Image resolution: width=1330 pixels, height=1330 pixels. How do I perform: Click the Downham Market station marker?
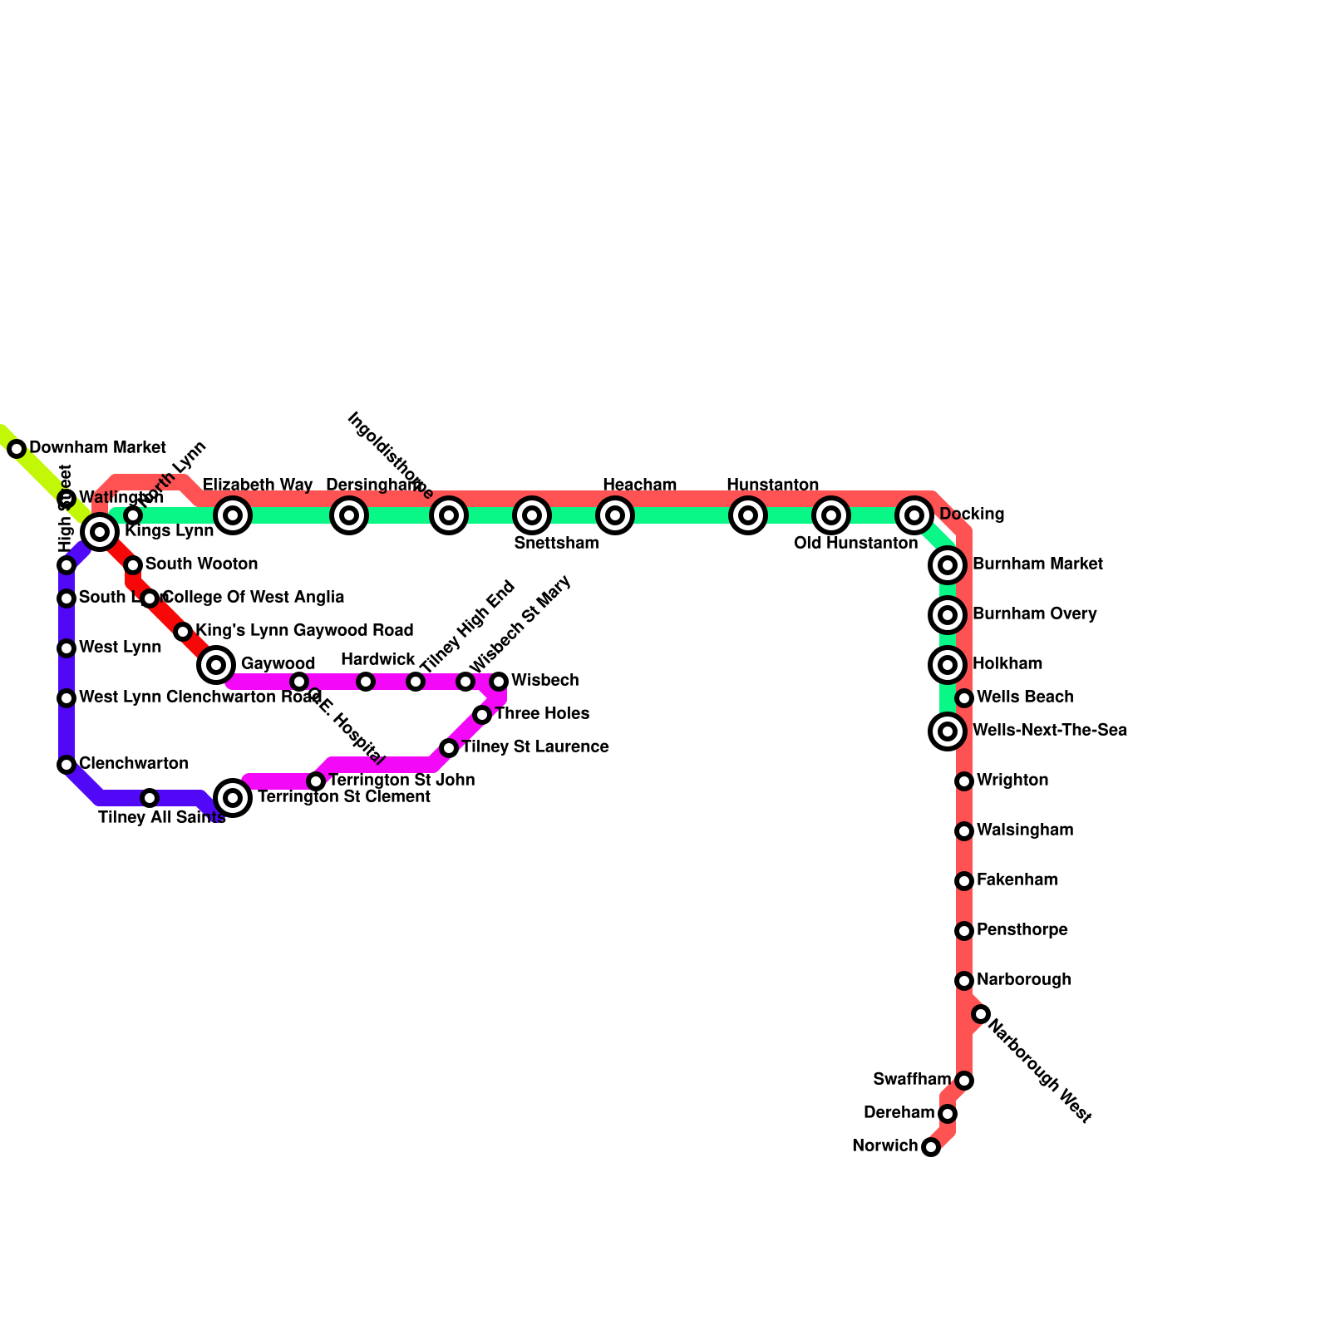(x=17, y=449)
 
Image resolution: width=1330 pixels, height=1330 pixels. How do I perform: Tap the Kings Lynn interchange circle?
(x=100, y=531)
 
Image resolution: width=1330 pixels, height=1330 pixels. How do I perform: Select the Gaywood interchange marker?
(x=216, y=664)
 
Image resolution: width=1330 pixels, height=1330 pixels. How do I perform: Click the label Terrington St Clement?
(x=343, y=797)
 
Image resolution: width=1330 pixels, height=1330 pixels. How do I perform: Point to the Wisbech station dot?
(x=499, y=682)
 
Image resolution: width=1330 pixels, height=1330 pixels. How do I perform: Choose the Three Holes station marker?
(x=482, y=715)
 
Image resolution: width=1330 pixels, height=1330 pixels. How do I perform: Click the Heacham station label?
(x=639, y=485)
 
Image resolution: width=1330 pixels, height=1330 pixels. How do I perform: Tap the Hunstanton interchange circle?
(x=748, y=515)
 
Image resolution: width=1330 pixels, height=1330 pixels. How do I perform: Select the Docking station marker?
(x=914, y=515)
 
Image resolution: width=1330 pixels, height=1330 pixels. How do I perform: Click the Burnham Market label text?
(x=1037, y=564)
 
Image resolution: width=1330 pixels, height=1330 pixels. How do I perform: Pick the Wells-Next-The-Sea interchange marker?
(x=948, y=731)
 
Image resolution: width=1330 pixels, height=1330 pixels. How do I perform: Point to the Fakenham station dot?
(x=964, y=881)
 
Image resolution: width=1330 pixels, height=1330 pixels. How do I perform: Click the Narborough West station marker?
(x=981, y=1014)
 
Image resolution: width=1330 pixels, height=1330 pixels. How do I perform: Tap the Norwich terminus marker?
(x=931, y=1147)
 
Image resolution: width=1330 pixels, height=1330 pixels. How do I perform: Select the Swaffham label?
(x=911, y=1080)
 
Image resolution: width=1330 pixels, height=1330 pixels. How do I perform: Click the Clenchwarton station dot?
(x=66, y=765)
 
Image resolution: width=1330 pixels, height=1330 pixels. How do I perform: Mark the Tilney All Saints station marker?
(x=150, y=798)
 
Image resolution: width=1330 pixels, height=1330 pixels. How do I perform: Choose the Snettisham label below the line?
(x=556, y=544)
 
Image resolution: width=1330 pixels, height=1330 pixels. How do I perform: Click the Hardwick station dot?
(x=366, y=682)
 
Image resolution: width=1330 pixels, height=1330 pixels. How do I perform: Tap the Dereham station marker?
(x=948, y=1114)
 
